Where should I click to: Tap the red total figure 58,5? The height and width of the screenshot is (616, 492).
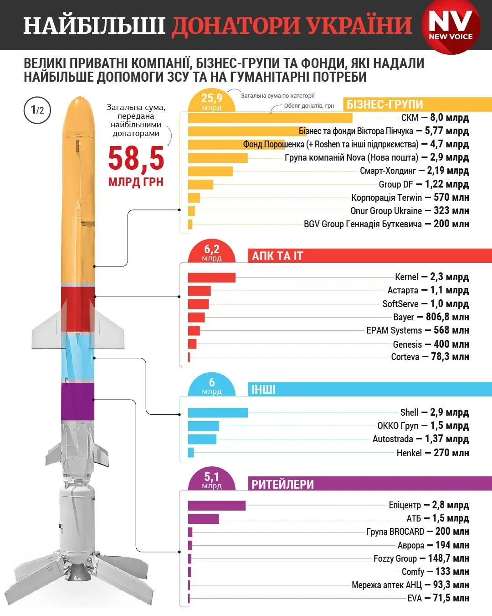coord(136,158)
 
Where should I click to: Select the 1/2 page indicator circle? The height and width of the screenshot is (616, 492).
coord(37,110)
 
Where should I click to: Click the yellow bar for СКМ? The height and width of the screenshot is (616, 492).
coord(270,118)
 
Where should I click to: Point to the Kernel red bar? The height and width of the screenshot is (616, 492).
coord(211,277)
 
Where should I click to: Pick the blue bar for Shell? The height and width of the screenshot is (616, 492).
coord(218,412)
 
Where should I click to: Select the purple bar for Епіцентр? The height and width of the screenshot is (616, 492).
coord(216,506)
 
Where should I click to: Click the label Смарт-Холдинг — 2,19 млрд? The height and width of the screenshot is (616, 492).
coord(414,171)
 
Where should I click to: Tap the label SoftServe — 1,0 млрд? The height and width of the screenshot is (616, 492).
coord(425,304)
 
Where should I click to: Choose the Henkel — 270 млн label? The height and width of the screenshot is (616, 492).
coord(432,453)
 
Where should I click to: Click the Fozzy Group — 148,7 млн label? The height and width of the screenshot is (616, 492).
coord(421,558)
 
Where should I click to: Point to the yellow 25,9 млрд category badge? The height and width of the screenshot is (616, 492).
coord(212,102)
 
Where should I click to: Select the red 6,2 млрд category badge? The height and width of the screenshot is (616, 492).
coord(212,252)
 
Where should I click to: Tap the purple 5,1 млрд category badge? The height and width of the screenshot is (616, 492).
coord(212,480)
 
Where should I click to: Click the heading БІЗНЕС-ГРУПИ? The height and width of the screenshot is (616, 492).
coord(385,104)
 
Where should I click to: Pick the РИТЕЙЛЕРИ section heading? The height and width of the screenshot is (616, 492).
coord(282,484)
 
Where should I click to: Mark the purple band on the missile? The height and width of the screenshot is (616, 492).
coord(77,401)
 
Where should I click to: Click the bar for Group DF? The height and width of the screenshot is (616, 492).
coord(200,184)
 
